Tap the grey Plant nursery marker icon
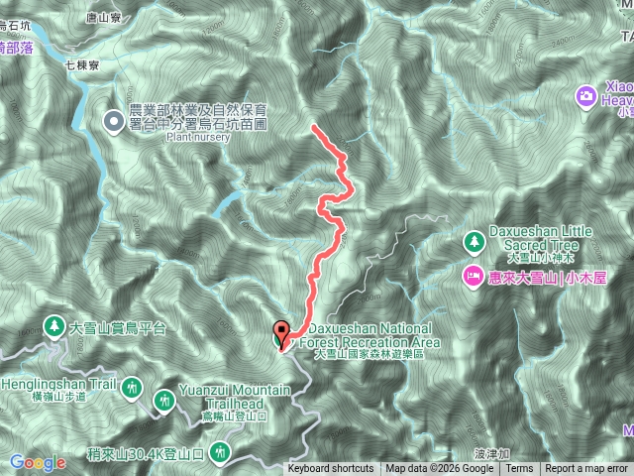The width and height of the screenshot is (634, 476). (x=115, y=122)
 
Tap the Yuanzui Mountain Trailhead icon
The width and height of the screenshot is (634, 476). (x=164, y=400)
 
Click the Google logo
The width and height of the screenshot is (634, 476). (x=39, y=462)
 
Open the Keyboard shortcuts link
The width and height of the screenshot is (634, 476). (x=331, y=469)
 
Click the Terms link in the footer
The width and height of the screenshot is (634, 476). (x=520, y=469)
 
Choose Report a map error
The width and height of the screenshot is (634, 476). (x=588, y=469)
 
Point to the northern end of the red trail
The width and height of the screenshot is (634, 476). (x=314, y=128)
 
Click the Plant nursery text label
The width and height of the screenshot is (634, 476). (x=198, y=138)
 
